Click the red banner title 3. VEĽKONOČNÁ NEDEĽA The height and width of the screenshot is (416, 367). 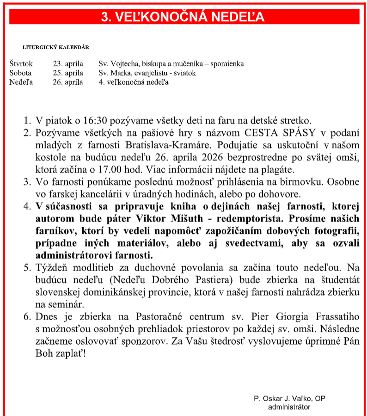point(183,17)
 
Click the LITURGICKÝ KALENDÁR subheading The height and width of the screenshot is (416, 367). point(56,47)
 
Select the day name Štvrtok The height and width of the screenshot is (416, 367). point(21,64)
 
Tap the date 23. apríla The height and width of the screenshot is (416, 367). point(68,64)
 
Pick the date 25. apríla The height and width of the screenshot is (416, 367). point(68,73)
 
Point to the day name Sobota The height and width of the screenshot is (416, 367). point(20,73)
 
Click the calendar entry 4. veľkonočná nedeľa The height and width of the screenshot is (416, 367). point(134,82)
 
